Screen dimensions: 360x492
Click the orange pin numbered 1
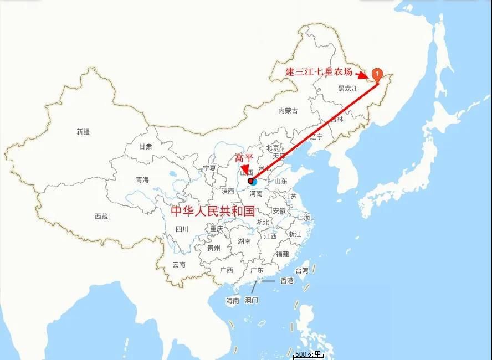[x=376, y=74]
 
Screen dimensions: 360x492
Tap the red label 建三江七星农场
[x=319, y=71]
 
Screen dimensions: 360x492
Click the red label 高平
[x=244, y=158]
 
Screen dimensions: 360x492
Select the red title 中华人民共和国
[x=212, y=211]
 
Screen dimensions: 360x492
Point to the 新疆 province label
[x=83, y=132]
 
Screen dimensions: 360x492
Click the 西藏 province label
[x=101, y=217]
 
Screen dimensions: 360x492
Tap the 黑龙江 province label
[x=348, y=89]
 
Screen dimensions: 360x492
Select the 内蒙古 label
[x=288, y=111]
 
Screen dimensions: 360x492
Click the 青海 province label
[x=142, y=180]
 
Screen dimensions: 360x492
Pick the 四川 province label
[x=182, y=229]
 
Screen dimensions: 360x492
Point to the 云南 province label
[x=179, y=265]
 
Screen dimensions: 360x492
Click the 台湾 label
[x=301, y=271]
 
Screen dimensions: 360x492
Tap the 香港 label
[x=286, y=281]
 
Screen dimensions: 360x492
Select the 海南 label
[x=232, y=301]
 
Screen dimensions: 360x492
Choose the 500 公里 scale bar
[x=308, y=354]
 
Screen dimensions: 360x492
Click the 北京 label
[x=273, y=148]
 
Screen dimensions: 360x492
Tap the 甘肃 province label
[x=146, y=147]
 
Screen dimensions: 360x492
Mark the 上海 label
[x=304, y=218]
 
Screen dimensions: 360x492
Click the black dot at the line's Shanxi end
[x=250, y=181]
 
